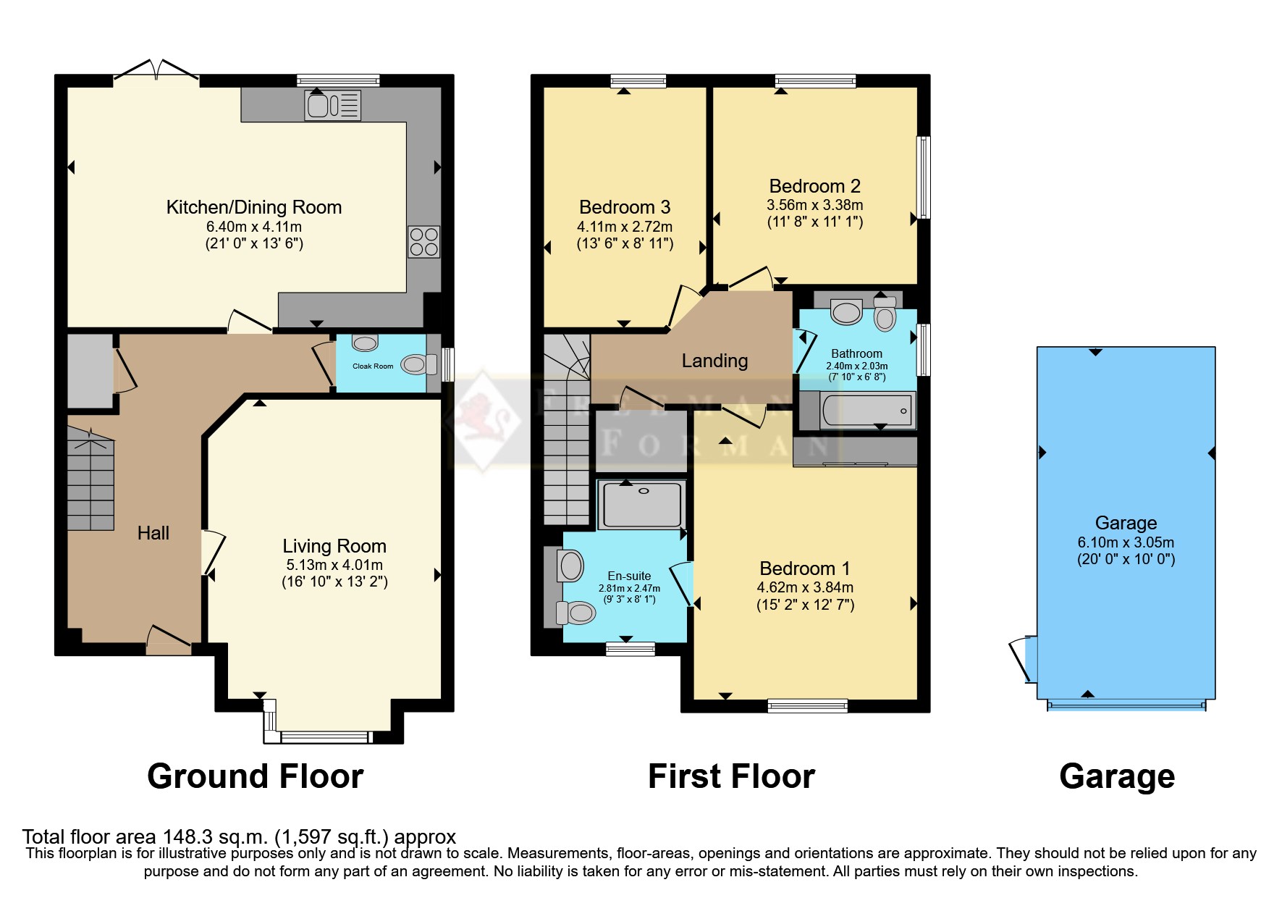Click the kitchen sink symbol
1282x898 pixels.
coord(332,106)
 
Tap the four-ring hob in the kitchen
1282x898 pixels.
coord(423,242)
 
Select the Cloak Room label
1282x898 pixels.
coord(373,366)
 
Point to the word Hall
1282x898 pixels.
coord(153,534)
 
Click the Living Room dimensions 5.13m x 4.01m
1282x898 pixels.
coord(334,565)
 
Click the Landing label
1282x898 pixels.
coord(714,361)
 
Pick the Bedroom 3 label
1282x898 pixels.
coord(625,208)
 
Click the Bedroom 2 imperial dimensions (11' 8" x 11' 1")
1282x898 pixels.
coord(815,222)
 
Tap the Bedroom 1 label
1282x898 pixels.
coord(805,568)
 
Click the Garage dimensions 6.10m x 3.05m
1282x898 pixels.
coord(1126,542)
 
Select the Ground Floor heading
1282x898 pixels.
coord(255,776)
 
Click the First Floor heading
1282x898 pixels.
coord(731,776)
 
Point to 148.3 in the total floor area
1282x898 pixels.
coord(187,837)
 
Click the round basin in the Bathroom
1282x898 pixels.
coord(846,313)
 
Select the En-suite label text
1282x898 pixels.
coord(629,576)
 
